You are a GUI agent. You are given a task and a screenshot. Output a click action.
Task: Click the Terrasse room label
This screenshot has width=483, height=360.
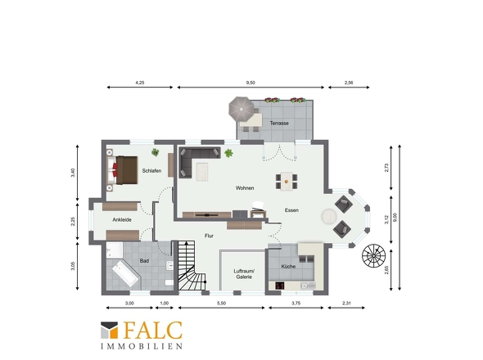pyautogui.click(x=279, y=124)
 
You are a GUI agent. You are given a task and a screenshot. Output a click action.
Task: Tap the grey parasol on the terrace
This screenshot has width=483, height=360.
pyautogui.click(x=241, y=109)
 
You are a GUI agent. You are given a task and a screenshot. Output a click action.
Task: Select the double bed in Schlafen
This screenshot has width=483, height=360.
pyautogui.click(x=122, y=170)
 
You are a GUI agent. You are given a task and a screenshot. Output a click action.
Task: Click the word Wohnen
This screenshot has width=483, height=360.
pyautogui.click(x=245, y=188)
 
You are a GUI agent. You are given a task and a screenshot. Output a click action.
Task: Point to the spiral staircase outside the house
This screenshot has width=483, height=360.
pyautogui.click(x=373, y=255)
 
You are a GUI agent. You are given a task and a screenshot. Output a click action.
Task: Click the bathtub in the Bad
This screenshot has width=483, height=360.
pyautogui.click(x=125, y=274)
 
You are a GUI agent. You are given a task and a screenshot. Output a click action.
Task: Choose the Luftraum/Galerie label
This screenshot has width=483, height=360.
pyautogui.click(x=244, y=274)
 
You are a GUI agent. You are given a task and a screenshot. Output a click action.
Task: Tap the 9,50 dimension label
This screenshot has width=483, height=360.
pyautogui.click(x=251, y=83)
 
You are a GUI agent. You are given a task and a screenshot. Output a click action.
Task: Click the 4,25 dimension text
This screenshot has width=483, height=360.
pyautogui.click(x=139, y=83)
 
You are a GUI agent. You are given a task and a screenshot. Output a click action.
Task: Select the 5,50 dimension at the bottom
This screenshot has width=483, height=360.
pyautogui.click(x=221, y=303)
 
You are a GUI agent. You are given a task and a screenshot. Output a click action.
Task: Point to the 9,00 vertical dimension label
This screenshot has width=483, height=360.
pyautogui.click(x=395, y=217)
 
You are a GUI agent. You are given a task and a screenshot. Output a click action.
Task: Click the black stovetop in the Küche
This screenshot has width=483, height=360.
pyautogui.click(x=279, y=286)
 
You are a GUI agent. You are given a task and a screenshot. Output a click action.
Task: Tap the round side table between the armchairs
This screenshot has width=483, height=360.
pyautogui.click(x=329, y=216)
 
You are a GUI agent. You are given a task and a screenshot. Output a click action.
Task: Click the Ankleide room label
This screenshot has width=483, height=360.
pyautogui.click(x=122, y=220)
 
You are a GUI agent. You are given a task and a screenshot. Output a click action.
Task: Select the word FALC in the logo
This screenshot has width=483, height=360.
pyautogui.click(x=153, y=331)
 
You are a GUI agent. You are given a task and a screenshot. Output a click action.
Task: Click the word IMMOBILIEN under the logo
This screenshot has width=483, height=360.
pyautogui.click(x=142, y=346)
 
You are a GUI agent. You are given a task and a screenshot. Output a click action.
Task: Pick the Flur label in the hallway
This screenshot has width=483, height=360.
pyautogui.click(x=209, y=236)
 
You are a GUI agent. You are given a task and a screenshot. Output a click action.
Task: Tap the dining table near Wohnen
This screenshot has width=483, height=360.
pyautogui.click(x=287, y=182)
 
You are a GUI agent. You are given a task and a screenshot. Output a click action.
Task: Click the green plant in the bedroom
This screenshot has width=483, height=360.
pyautogui.click(x=156, y=152)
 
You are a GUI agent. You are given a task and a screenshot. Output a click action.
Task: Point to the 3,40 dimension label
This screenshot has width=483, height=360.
pyautogui.click(x=73, y=173)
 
